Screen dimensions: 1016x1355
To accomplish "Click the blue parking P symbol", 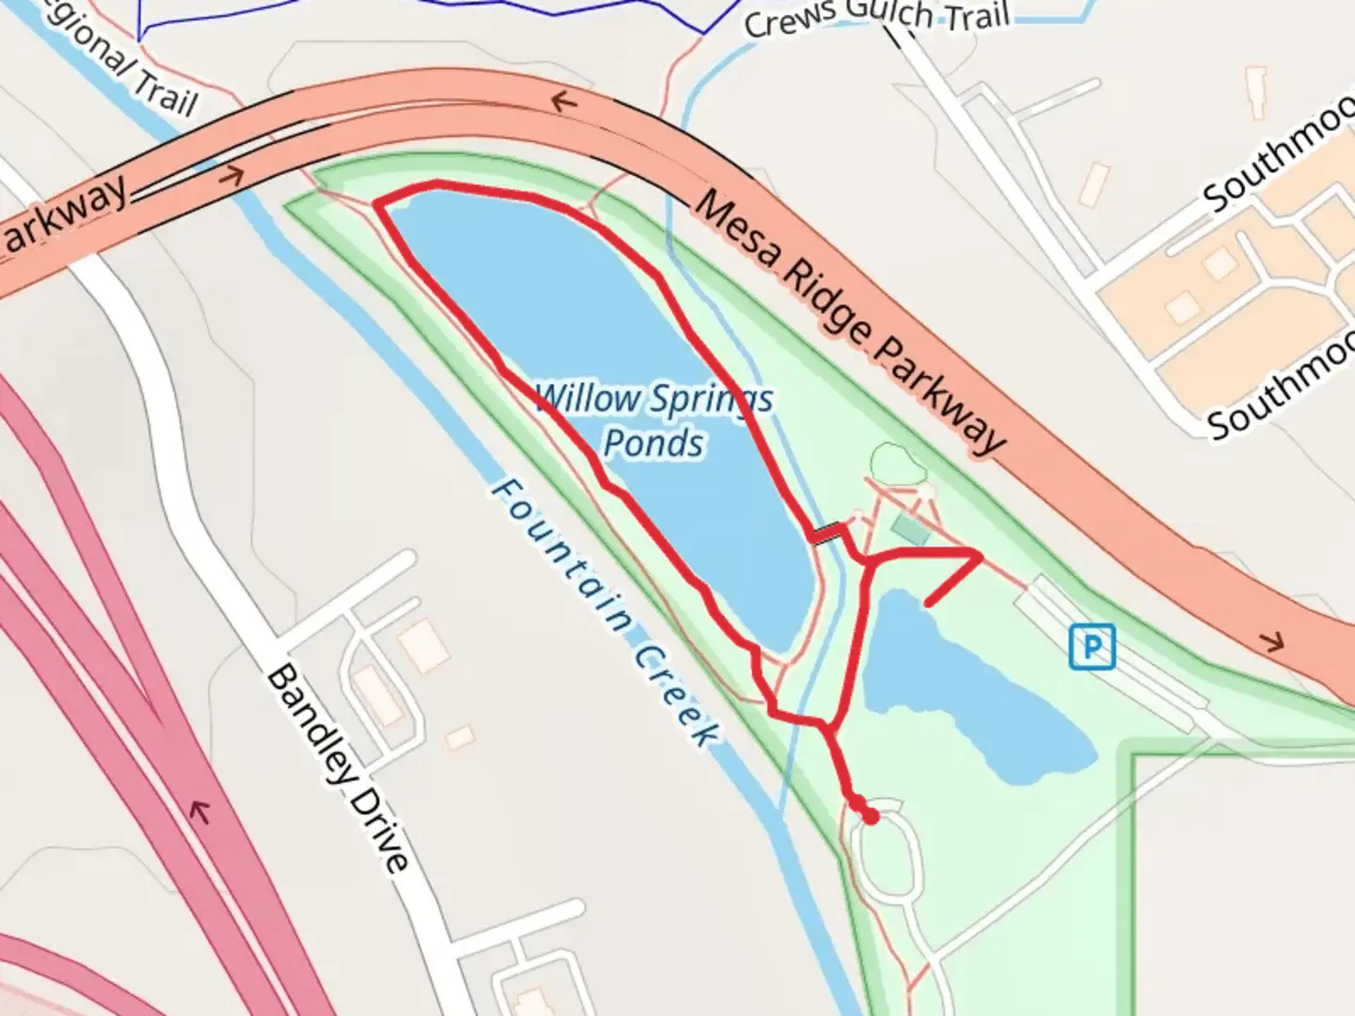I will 1092,647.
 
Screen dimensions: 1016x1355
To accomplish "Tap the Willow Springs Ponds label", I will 654,421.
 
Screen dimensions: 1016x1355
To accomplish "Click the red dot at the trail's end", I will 871,817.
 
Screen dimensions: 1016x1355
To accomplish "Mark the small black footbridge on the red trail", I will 827,535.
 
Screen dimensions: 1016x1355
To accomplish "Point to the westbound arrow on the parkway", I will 563,101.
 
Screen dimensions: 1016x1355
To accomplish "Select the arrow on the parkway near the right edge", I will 1271,643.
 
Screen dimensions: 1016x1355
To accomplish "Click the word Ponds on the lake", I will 654,443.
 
